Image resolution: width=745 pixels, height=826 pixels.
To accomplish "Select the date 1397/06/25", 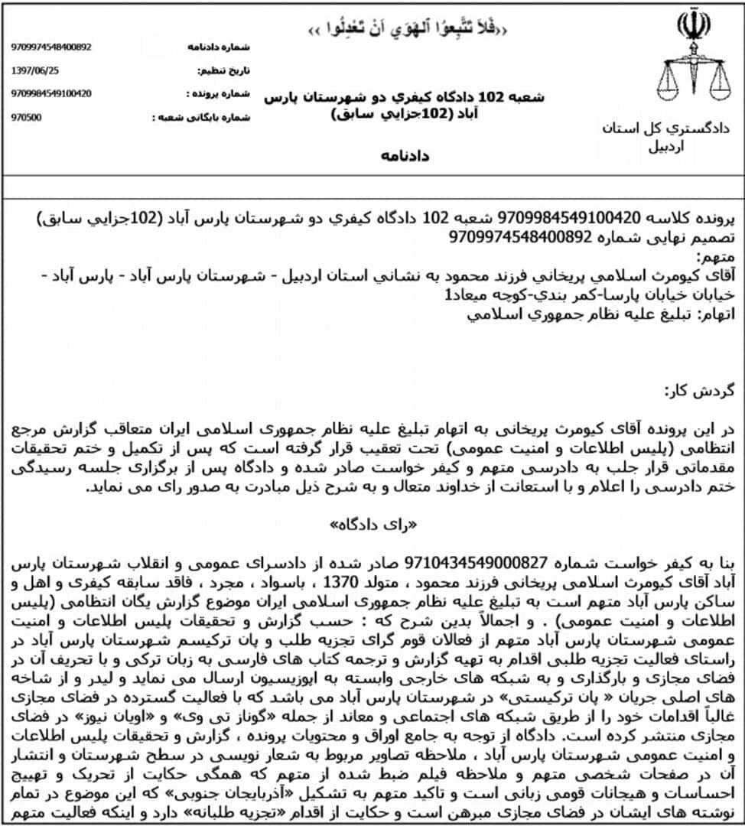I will [35, 70].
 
